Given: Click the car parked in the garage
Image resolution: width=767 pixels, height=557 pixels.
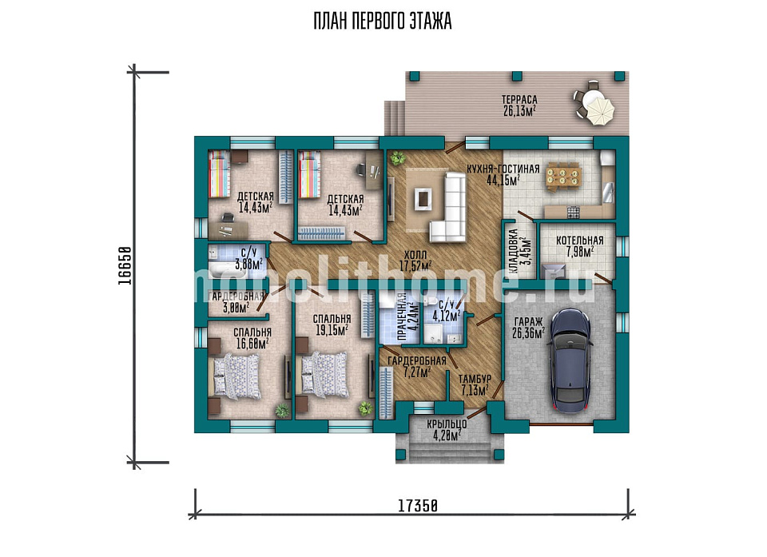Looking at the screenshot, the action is point(570,360).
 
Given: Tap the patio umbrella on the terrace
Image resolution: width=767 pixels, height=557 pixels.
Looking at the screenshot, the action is point(598,109).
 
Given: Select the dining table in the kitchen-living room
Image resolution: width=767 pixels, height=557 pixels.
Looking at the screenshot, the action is point(564,176).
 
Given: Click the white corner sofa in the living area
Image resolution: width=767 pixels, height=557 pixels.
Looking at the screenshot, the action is point(451,207).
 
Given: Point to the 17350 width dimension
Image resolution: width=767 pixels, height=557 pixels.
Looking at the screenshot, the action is point(417,506).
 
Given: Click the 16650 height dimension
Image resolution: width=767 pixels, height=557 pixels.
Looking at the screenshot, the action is point(125,265).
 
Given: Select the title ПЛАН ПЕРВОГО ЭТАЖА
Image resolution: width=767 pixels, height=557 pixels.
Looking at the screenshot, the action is point(383,21).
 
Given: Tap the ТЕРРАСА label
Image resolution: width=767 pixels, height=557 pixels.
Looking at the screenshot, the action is point(519,100).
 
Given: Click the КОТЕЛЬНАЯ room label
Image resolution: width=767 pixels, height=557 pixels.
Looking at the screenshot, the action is point(580,241).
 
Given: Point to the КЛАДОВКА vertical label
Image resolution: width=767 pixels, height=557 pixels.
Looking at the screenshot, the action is point(513,247).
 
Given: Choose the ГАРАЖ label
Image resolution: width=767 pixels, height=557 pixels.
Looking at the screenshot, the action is point(528,322).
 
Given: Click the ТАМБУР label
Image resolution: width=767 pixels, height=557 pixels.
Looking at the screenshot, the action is point(475,378).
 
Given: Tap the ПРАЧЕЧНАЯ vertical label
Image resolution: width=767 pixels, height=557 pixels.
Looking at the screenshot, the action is point(402,316).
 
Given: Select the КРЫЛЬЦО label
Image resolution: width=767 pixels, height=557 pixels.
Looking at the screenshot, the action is point(447,424).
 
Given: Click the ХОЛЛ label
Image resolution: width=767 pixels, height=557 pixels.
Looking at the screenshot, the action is point(415,255).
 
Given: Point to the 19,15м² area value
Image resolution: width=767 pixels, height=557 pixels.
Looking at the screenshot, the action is point(332,330).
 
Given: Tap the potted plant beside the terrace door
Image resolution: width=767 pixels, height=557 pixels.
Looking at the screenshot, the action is point(397,158).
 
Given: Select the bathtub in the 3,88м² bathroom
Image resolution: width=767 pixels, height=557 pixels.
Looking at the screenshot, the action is point(225,271).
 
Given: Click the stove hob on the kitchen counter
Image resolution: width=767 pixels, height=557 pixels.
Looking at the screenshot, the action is point(574,212).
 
